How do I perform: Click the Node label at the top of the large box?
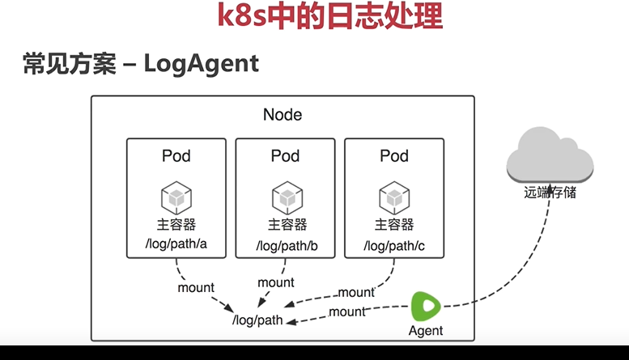tap(283, 115)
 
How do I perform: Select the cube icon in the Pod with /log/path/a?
tap(176, 197)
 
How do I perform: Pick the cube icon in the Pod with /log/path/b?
tap(287, 197)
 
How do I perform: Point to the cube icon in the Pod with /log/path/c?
tap(394, 197)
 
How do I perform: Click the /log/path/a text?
tap(176, 244)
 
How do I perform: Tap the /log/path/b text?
tap(287, 244)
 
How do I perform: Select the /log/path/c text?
tap(393, 244)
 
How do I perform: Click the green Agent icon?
tap(426, 307)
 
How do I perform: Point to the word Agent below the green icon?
tap(426, 331)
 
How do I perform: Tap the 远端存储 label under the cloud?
tap(550, 193)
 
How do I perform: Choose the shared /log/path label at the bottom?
tap(257, 320)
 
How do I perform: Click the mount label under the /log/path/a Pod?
tap(196, 287)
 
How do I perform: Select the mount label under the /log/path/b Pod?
tap(275, 282)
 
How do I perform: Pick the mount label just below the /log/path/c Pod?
tap(356, 292)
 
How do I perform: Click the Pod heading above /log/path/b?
tap(285, 156)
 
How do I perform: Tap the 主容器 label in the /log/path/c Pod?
tap(394, 224)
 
